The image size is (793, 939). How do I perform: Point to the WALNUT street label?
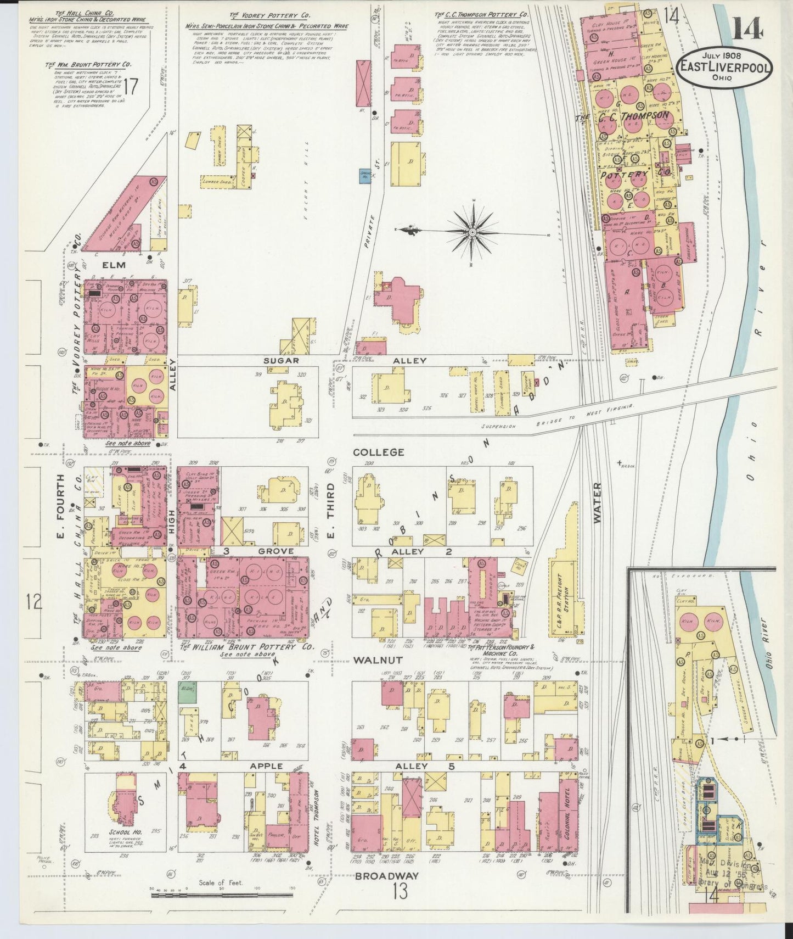click(x=378, y=660)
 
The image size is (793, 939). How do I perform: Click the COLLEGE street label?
click(x=379, y=452)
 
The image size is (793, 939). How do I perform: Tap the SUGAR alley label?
click(x=280, y=361)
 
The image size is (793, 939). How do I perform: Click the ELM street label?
click(x=113, y=265)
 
